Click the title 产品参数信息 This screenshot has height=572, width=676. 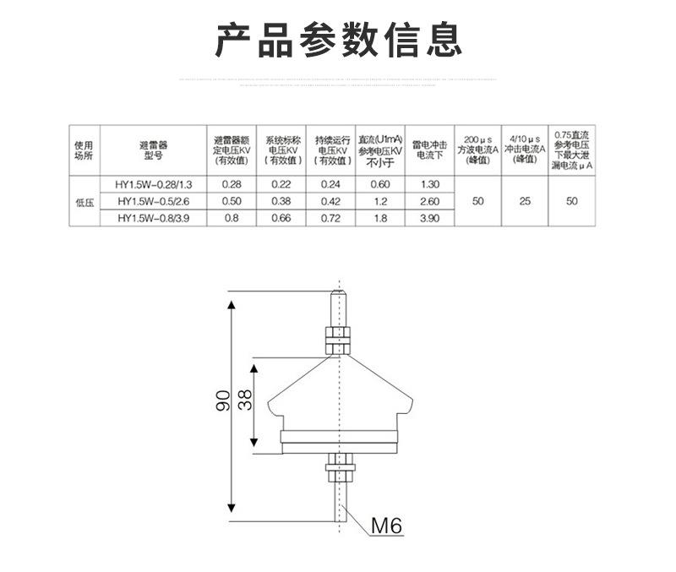[x=338, y=40]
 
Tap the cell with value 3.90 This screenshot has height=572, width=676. [x=429, y=218]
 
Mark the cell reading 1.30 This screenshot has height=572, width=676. [x=429, y=184]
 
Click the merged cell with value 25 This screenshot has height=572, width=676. [x=525, y=201]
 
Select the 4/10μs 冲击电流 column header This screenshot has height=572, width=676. [x=525, y=149]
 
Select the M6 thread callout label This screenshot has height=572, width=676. [x=387, y=527]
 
